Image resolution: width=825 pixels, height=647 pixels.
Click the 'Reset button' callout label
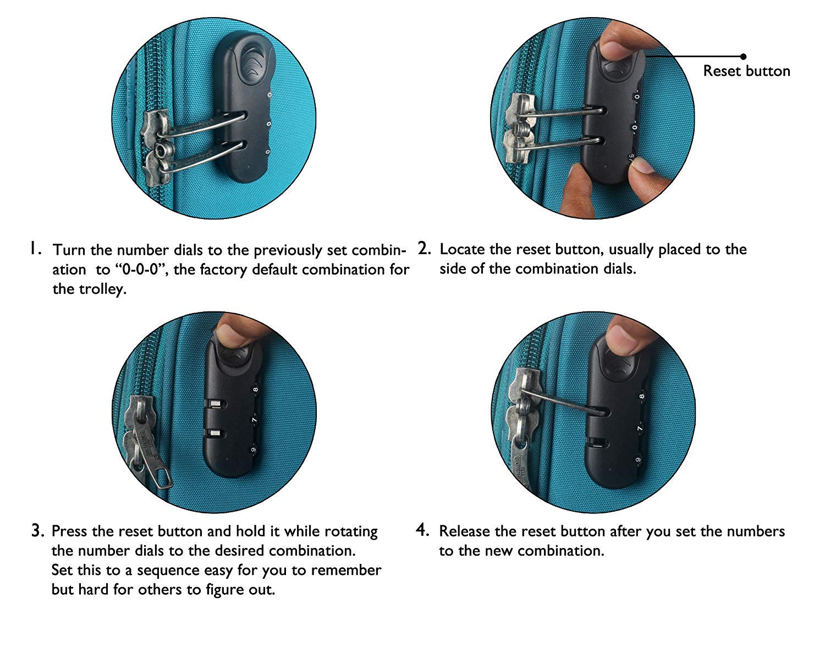[746, 71]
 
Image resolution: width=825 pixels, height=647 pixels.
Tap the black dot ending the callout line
[744, 57]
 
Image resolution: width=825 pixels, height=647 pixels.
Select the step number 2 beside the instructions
[424, 248]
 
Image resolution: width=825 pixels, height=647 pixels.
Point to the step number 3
[38, 530]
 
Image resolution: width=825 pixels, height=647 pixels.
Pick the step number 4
[422, 530]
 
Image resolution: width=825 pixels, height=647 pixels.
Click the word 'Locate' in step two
[462, 249]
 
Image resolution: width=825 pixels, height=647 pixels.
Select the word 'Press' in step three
[69, 531]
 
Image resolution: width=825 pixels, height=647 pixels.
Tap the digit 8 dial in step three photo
[256, 390]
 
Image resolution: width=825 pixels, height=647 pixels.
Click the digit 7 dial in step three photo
[254, 420]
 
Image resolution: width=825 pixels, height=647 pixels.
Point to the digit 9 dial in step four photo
[638, 460]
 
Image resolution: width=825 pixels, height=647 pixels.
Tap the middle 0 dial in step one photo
[269, 124]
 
